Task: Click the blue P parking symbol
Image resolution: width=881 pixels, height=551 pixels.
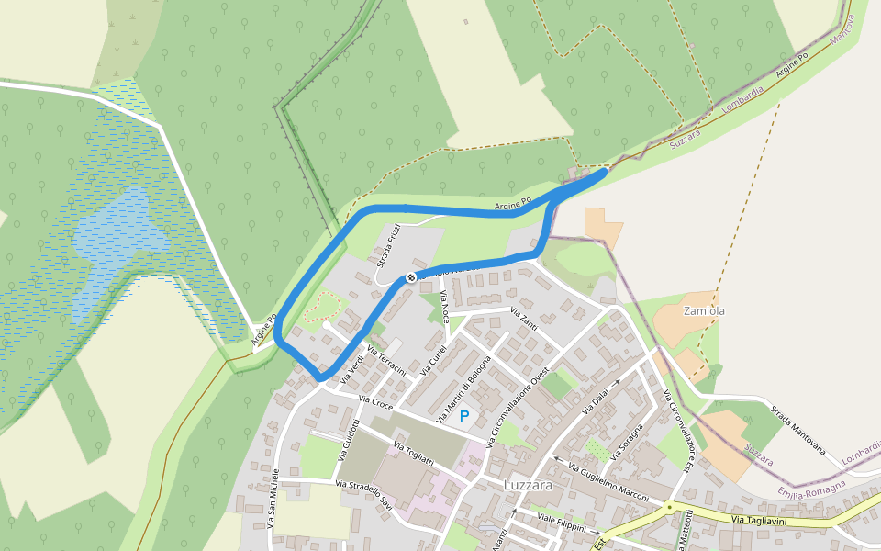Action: coord(464,417)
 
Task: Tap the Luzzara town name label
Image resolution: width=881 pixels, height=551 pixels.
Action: coord(528,484)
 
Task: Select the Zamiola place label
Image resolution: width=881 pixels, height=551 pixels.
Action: coord(704,311)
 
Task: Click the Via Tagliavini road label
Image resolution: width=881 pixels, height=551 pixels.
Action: coord(759,521)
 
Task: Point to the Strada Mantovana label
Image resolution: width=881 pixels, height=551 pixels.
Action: coord(797,431)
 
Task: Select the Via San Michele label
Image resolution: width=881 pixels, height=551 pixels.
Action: coord(273,499)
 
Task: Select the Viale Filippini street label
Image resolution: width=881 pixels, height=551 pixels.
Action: coord(561,523)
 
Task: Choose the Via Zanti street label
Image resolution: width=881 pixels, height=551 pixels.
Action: coord(523,321)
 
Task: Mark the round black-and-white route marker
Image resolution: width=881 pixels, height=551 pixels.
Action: coord(411,276)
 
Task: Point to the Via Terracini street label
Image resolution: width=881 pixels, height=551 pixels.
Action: coord(386,361)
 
